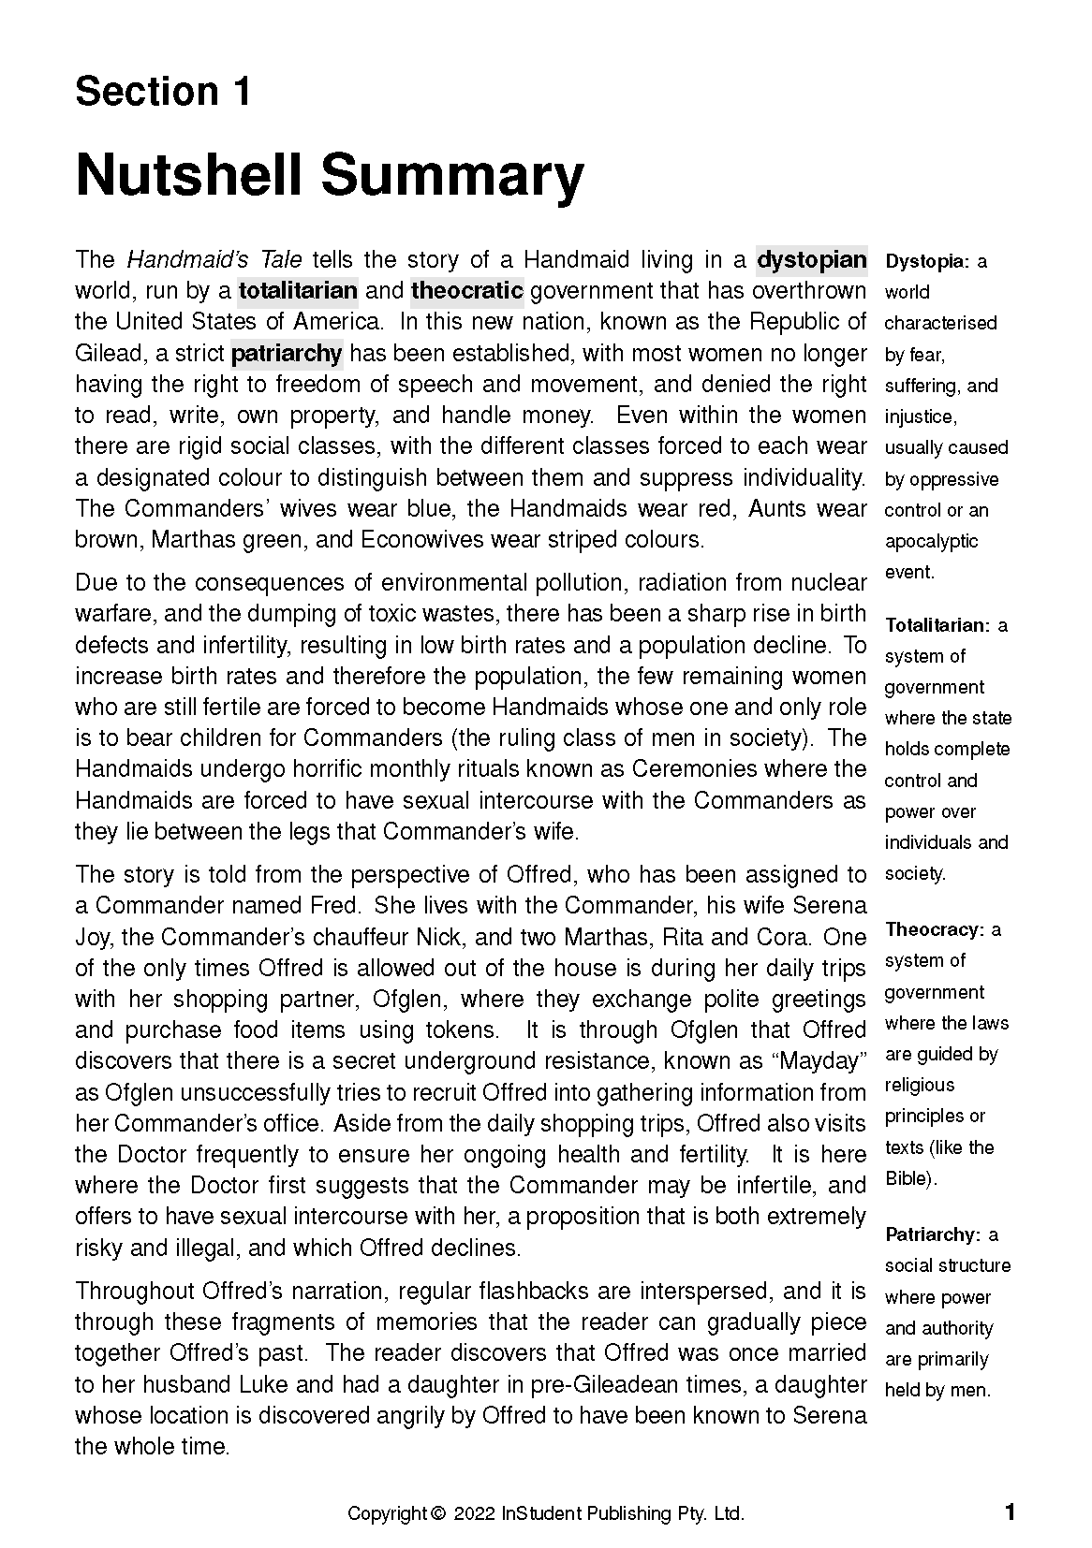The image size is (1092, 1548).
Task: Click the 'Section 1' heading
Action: [x=163, y=92]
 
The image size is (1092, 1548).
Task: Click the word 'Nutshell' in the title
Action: [x=191, y=176]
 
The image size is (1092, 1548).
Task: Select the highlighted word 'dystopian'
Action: [x=811, y=259]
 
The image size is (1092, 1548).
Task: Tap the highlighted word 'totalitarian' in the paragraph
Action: [x=298, y=290]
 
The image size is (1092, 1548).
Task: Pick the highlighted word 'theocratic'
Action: [x=466, y=290]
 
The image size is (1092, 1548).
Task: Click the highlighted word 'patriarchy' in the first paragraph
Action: [x=286, y=353]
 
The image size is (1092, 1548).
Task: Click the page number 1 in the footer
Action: [x=1010, y=1511]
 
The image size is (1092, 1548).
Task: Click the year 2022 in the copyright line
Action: [x=475, y=1513]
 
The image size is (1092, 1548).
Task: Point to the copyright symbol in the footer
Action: [x=437, y=1513]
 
